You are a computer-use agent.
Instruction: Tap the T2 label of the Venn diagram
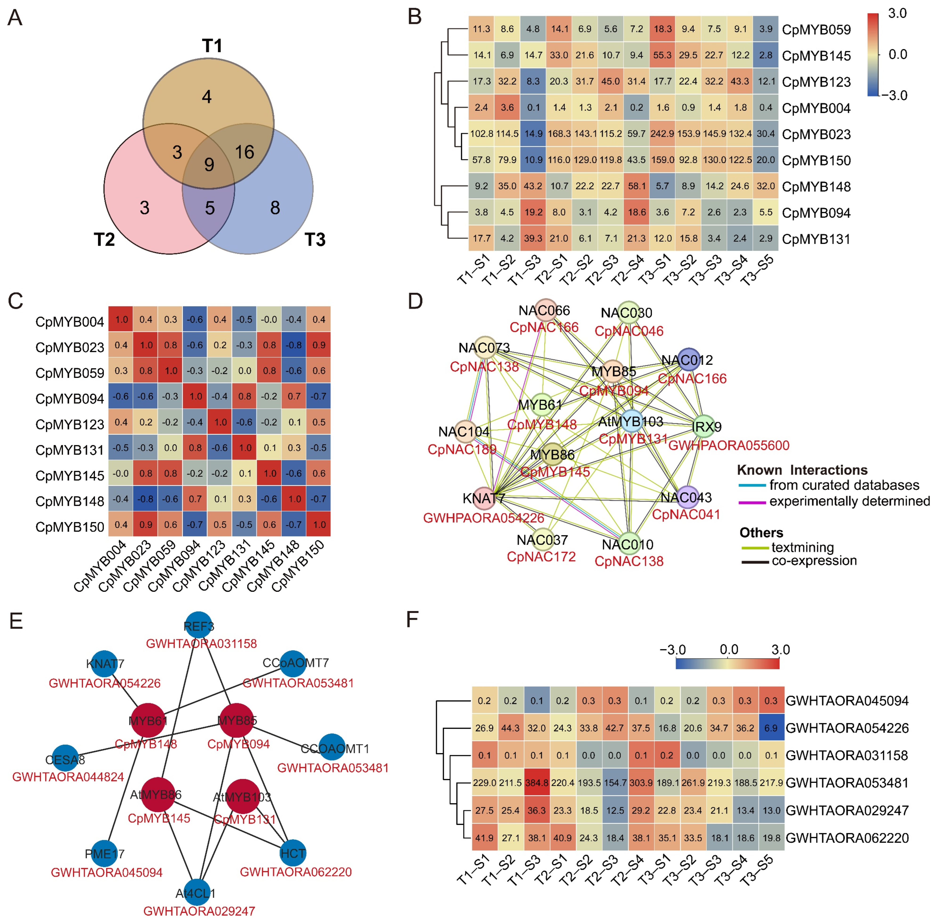104,240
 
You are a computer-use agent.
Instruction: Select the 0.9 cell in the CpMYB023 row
319,345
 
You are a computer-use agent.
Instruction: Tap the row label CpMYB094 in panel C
70,399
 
